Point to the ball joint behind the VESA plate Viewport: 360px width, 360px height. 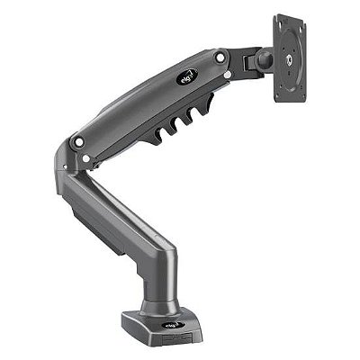tap(265, 61)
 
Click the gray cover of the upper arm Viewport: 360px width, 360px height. tap(144, 103)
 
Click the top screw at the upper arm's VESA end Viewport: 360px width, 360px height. tap(220, 58)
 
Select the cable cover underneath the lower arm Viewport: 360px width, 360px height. tap(99, 225)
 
